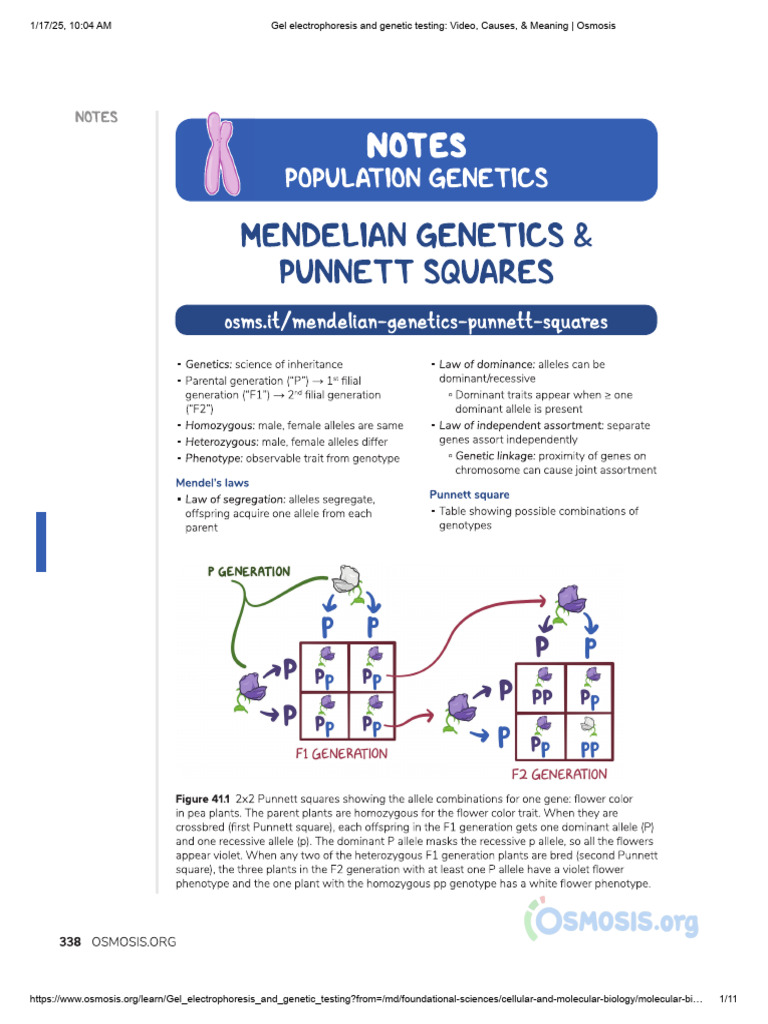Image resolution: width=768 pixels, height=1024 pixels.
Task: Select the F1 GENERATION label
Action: point(341,753)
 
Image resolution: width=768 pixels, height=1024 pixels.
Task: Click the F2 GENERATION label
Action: point(559,774)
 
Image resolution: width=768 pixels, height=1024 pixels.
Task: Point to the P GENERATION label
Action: point(249,572)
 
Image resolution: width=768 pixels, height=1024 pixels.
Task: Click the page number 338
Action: point(69,941)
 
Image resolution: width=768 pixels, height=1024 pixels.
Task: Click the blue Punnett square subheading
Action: point(469,494)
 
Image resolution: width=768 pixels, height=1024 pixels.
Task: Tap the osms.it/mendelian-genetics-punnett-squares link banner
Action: point(415,321)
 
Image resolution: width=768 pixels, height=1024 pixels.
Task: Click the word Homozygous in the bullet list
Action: point(217,425)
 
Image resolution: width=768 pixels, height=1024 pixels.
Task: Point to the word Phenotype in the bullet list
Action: point(213,458)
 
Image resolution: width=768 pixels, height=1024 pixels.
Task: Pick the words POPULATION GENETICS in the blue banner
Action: point(416,178)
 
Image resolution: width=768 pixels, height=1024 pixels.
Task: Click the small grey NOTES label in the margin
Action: point(96,117)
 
